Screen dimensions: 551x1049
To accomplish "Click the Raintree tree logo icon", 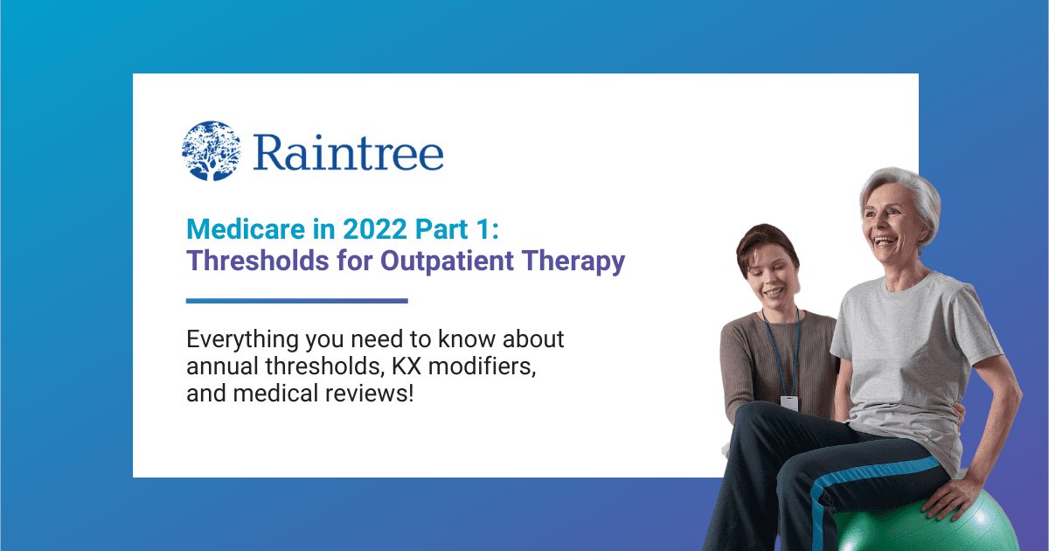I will point(211,151).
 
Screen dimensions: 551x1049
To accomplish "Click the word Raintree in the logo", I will point(348,152).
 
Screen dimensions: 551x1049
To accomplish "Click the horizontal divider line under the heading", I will point(297,301).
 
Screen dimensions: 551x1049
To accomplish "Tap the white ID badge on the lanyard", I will point(789,403).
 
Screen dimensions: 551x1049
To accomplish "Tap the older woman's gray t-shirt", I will point(909,350).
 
